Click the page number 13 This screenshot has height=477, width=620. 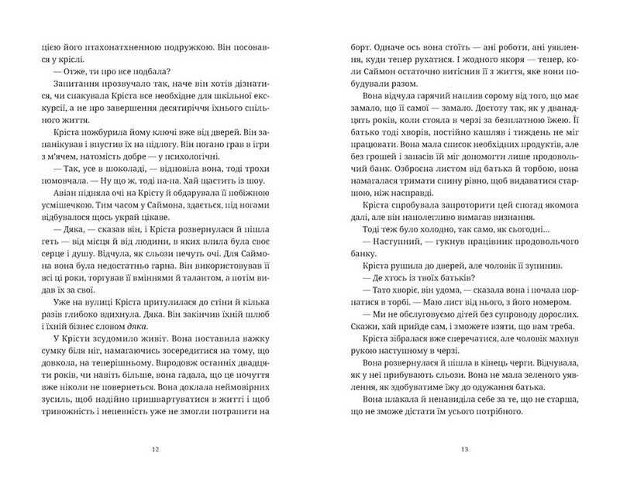point(465,448)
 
